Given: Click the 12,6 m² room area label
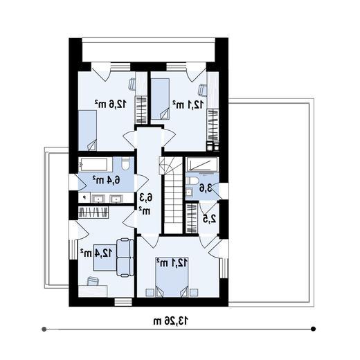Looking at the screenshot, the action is (x=111, y=104).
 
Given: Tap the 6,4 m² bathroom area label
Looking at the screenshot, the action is (x=107, y=180).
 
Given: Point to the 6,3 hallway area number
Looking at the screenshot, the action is (x=146, y=198).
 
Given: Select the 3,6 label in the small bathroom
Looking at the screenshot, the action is (x=206, y=188).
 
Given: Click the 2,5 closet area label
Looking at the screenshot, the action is (x=210, y=219).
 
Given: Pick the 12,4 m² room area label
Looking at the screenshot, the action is (x=96, y=253).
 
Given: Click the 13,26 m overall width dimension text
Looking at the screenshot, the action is (x=170, y=321).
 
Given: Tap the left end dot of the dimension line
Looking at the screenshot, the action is (x=44, y=329).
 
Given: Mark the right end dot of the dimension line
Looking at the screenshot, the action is (x=313, y=329).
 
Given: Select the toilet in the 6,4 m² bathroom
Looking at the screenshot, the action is (x=125, y=163).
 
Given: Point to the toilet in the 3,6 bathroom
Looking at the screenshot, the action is (x=192, y=181).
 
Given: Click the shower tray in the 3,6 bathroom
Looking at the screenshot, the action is (x=202, y=164).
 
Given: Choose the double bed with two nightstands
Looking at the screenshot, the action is (x=172, y=277).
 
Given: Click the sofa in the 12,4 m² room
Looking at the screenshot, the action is (x=125, y=258).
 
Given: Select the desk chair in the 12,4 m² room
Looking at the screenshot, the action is (x=93, y=281).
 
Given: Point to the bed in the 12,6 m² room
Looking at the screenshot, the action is (x=87, y=131).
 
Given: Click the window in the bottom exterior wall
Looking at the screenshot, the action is (x=123, y=302).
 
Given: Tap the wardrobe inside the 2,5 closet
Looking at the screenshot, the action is (x=192, y=218).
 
